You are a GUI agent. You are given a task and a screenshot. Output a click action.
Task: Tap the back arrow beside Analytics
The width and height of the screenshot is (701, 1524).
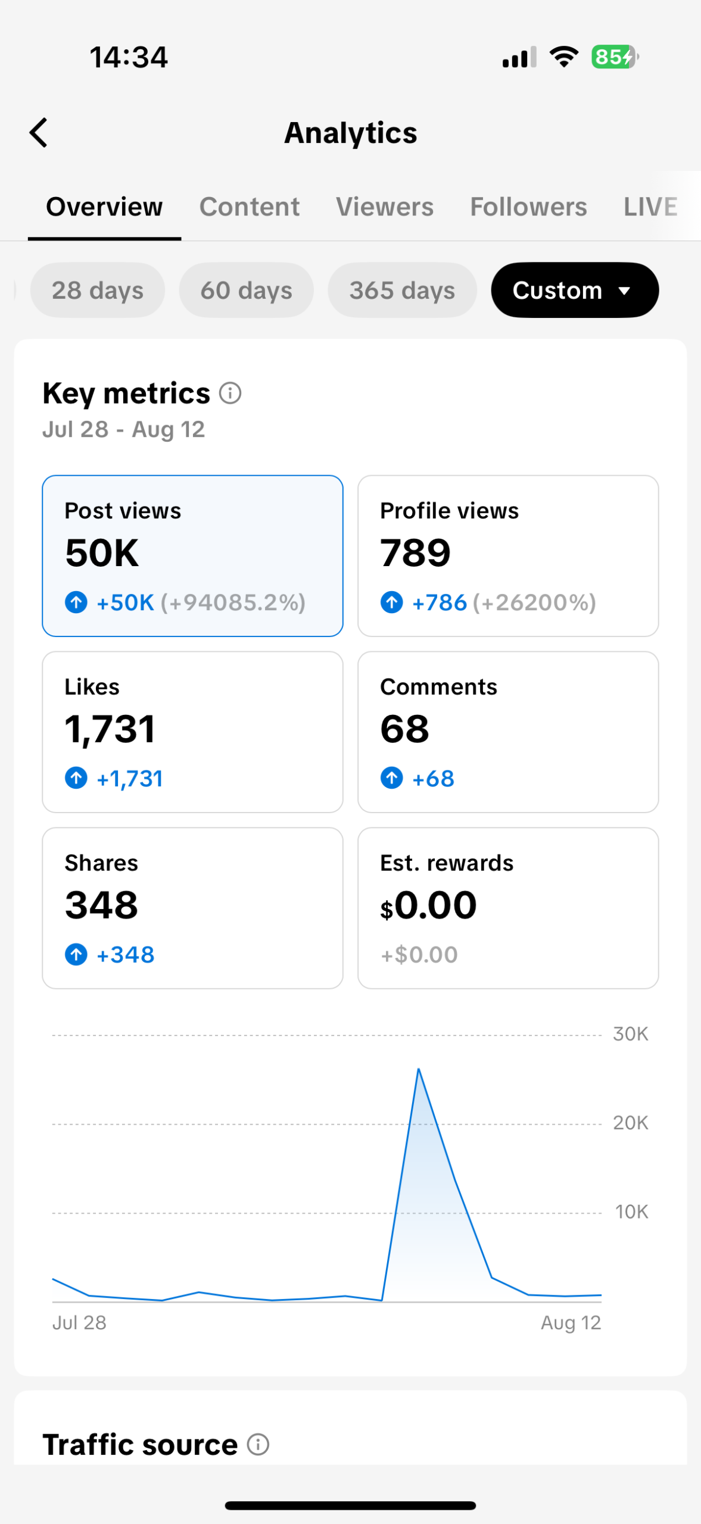[x=39, y=132]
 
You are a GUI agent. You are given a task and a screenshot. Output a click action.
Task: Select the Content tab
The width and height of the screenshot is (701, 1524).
[x=250, y=207]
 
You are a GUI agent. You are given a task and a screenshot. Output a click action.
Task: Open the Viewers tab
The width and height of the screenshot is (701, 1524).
[x=385, y=207]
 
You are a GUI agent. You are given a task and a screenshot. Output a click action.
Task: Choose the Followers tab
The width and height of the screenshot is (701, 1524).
[x=528, y=207]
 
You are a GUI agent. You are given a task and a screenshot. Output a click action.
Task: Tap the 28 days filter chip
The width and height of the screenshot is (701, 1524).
[x=98, y=290]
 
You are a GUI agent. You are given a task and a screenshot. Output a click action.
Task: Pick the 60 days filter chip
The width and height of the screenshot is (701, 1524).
[x=247, y=290]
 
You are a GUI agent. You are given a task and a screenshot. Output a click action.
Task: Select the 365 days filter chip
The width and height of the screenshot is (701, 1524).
[x=402, y=290]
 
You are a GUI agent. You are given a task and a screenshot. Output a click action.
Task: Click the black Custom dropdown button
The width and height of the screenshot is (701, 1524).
[x=575, y=290]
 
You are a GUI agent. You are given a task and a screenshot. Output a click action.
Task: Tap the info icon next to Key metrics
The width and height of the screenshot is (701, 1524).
[x=230, y=393]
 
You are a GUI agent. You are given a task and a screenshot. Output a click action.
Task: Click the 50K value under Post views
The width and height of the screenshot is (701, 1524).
[x=102, y=552]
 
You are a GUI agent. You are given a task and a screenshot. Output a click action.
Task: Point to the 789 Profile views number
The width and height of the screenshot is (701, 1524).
[x=415, y=552]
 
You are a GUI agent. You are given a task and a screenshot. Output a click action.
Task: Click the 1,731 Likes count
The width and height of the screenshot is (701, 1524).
[x=110, y=729]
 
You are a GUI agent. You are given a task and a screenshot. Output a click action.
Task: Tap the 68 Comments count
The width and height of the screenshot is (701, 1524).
[x=404, y=729]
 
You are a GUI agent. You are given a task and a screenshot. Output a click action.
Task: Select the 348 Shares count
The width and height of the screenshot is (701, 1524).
[x=101, y=905]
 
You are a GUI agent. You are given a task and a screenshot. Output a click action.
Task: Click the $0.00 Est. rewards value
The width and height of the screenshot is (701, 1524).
[x=428, y=905]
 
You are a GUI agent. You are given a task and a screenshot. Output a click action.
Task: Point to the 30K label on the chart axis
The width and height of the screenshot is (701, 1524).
[x=631, y=1034]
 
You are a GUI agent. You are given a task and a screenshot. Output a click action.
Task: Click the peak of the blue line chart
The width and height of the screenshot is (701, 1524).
[x=419, y=1069]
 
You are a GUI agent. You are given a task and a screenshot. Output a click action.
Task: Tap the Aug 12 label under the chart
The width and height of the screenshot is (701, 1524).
[x=571, y=1323]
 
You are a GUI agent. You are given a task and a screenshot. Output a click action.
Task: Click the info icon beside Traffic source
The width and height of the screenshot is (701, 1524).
[x=258, y=1444]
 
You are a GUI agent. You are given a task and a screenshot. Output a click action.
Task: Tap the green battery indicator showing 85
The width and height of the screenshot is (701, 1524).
[x=614, y=57]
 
